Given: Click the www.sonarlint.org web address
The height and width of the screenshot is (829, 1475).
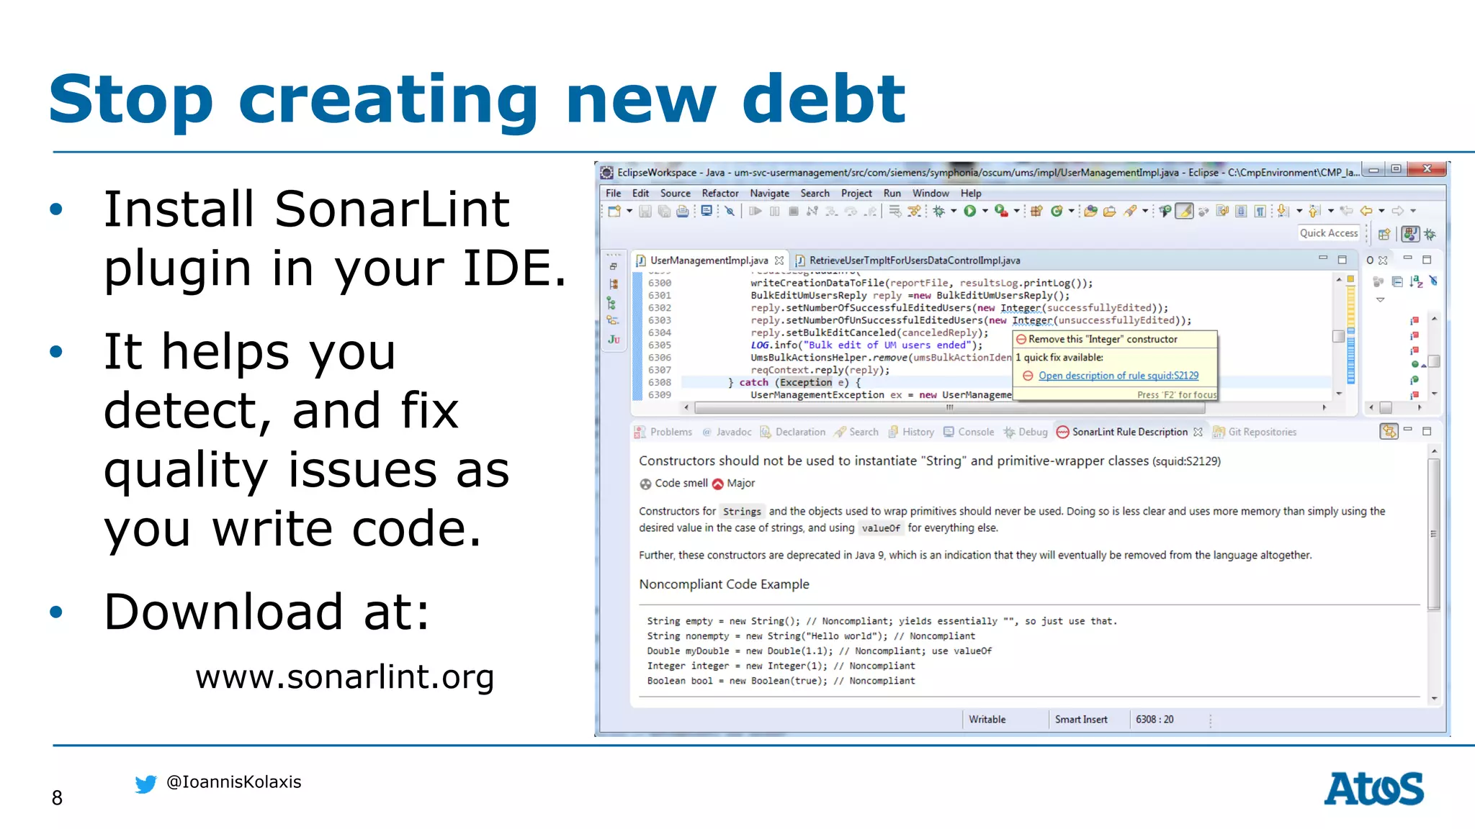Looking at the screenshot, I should (x=344, y=676).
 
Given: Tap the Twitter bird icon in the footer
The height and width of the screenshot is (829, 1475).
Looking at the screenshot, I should (x=145, y=784).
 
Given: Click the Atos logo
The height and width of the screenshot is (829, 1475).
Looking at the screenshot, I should (x=1373, y=789).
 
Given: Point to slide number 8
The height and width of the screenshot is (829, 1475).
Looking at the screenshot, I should (x=57, y=797).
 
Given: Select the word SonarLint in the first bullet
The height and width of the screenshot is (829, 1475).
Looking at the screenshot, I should (x=392, y=209).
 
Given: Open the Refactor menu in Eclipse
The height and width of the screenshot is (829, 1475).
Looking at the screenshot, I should (x=719, y=193).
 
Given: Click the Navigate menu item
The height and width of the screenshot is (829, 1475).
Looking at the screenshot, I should (x=769, y=193).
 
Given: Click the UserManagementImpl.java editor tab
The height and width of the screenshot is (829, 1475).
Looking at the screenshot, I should (x=708, y=261).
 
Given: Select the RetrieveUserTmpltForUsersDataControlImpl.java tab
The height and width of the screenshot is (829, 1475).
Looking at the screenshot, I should (x=914, y=261).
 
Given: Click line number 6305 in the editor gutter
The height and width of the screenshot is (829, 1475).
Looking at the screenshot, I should (x=659, y=345).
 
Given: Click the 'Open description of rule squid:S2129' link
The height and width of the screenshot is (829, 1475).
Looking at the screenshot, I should (x=1118, y=376).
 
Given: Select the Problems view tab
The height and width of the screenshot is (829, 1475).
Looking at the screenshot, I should (x=671, y=432).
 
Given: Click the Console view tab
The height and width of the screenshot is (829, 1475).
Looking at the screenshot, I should (x=975, y=432).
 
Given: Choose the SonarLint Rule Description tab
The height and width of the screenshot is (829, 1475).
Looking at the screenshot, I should (x=1129, y=432).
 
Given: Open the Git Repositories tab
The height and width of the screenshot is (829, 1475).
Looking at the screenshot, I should (x=1261, y=432).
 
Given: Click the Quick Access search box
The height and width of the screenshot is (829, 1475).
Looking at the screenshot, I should (x=1328, y=233).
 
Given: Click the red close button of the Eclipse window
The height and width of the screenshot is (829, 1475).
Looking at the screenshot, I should (x=1427, y=169).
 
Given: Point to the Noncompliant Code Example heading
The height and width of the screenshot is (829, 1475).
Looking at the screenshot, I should (x=724, y=584).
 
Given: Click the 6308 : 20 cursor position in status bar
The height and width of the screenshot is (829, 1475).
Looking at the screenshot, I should (x=1154, y=720).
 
